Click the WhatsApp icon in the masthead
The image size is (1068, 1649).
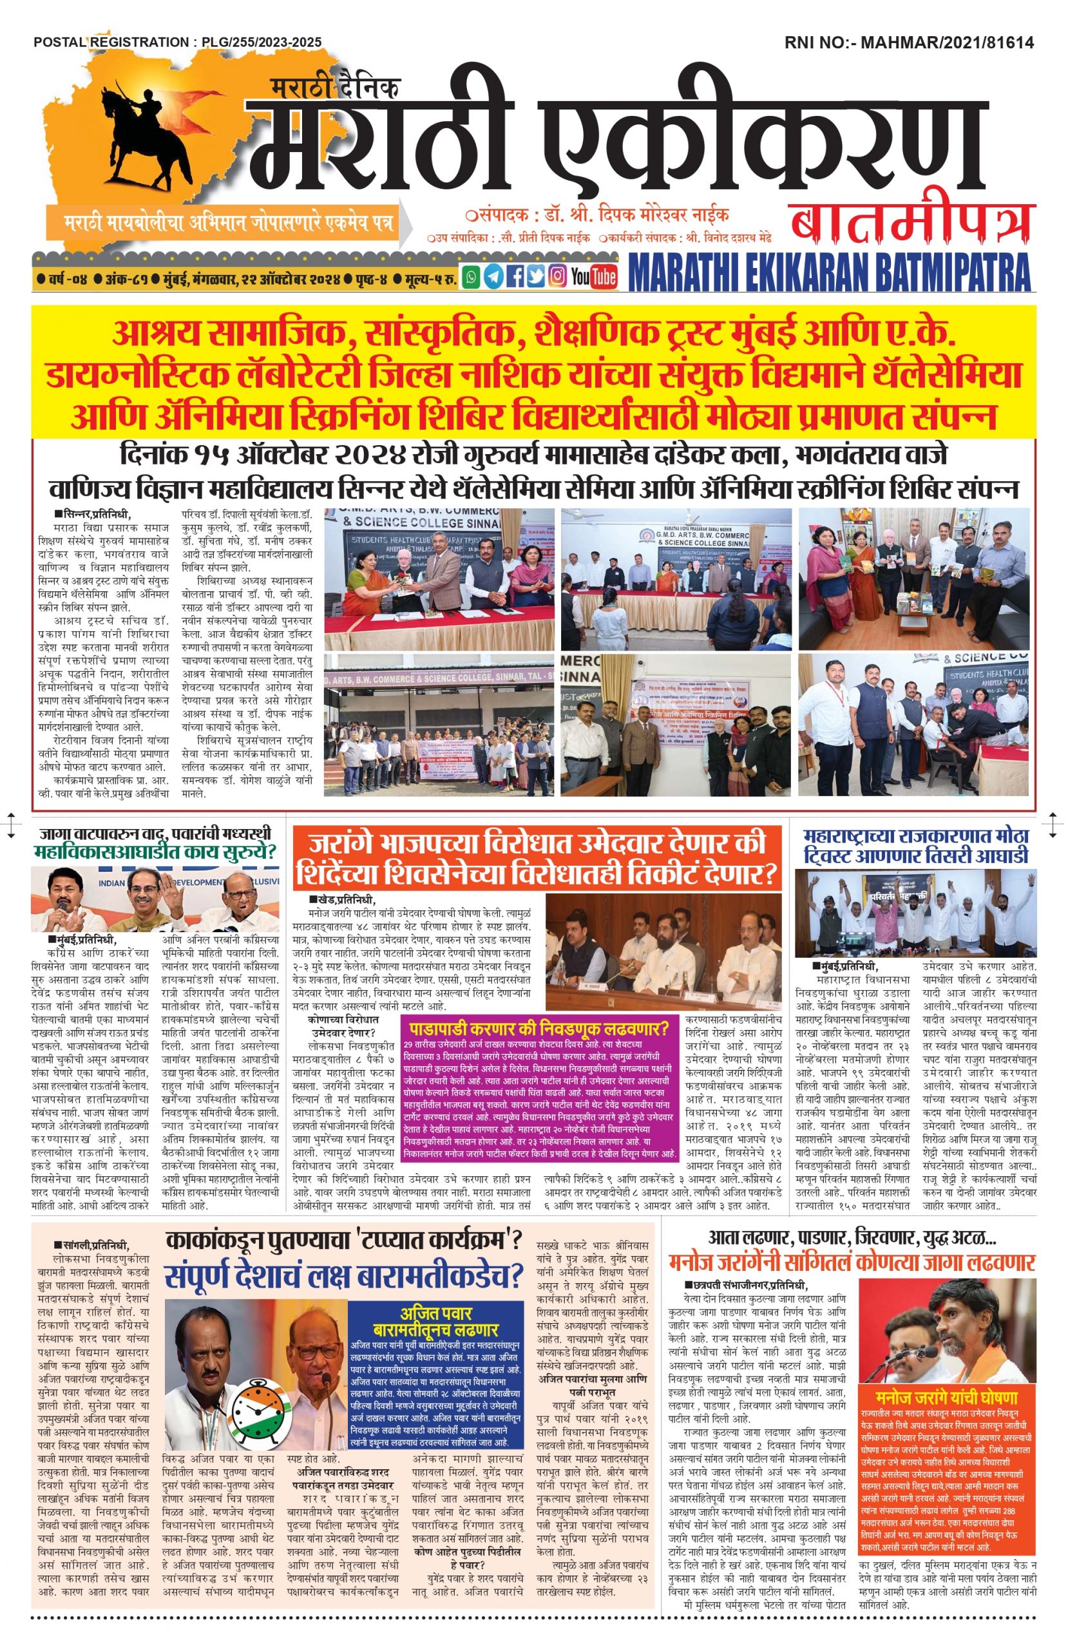pos(472,276)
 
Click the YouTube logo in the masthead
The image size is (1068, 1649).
pos(593,276)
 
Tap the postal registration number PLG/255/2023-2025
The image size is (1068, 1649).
pos(262,43)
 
